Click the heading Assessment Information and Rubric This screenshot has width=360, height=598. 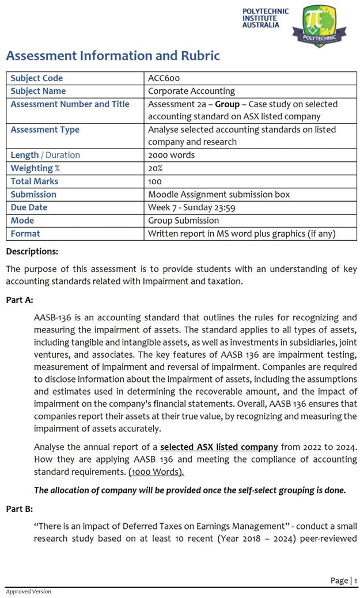pos(113,56)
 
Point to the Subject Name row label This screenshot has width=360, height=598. pos(38,91)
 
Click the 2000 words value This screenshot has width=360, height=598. pos(171,155)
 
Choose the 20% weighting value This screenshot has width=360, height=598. pos(156,168)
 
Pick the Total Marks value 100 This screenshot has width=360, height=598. pos(155,181)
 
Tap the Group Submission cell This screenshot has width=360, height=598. pos(183,221)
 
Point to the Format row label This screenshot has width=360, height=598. pos(25,234)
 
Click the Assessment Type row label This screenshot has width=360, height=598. pos(45,130)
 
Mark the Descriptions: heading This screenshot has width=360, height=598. pos(32,252)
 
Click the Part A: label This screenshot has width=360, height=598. pos(20,300)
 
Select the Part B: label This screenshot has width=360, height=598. pos(20,509)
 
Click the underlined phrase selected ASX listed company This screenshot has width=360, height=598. pos(219,447)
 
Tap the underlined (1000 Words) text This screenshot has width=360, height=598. pos(156,472)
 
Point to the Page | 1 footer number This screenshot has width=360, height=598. pos(344,580)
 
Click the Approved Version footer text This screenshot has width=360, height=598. pos(28,592)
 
